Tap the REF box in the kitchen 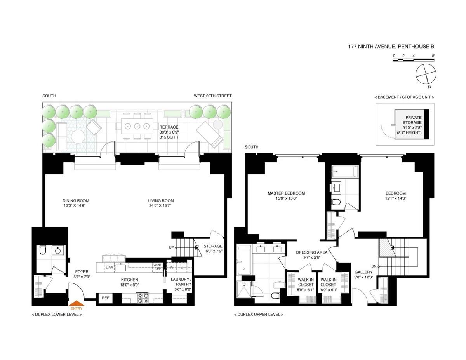pyautogui.click(x=105, y=298)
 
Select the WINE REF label pyautogui.click(x=157, y=267)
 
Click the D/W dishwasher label pyautogui.click(x=109, y=267)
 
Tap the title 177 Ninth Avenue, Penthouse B pyautogui.click(x=391, y=47)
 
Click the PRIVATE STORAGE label pyautogui.click(x=414, y=120)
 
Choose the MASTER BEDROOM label pyautogui.click(x=286, y=193)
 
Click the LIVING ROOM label pyautogui.click(x=161, y=201)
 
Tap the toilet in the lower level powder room pyautogui.click(x=43, y=250)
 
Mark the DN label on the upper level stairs pyautogui.click(x=374, y=266)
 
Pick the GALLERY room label pyautogui.click(x=363, y=272)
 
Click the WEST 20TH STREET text pyautogui.click(x=213, y=96)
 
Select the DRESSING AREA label pyautogui.click(x=311, y=252)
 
